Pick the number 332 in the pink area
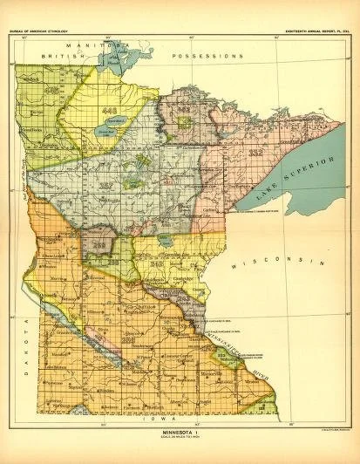(x=255, y=153)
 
